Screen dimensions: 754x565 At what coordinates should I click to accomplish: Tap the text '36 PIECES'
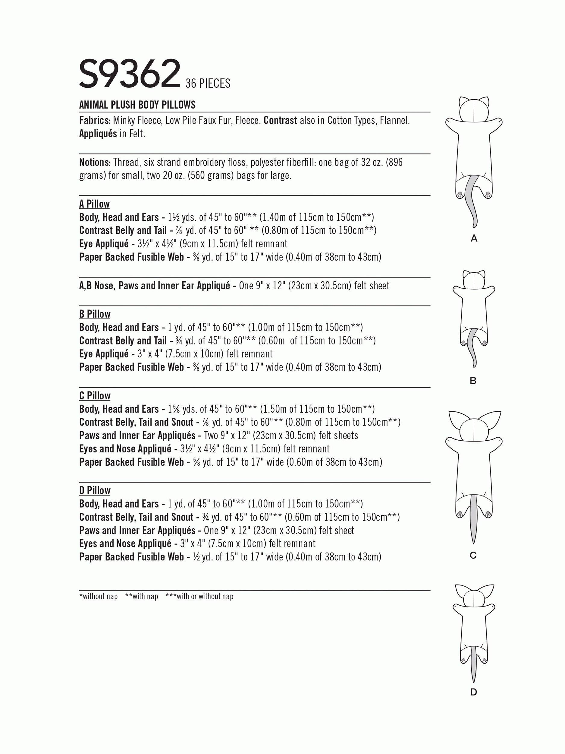coord(208,83)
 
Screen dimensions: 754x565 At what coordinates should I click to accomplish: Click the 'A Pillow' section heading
coord(94,204)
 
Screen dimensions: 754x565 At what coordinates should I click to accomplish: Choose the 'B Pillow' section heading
coord(95,314)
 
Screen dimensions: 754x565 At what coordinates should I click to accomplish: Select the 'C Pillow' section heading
coord(95,396)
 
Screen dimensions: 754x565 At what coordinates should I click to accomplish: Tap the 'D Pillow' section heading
coord(95,490)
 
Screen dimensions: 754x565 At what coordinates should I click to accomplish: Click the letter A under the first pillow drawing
coord(474,239)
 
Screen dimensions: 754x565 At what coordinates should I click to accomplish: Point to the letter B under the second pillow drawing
coord(473,381)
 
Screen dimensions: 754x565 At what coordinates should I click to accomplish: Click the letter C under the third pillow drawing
coord(473,556)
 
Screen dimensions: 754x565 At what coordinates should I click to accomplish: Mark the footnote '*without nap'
coord(99,596)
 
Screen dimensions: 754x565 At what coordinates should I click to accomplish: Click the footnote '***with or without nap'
coord(199,596)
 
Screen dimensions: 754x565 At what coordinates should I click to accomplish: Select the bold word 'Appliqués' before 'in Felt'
coord(98,134)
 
